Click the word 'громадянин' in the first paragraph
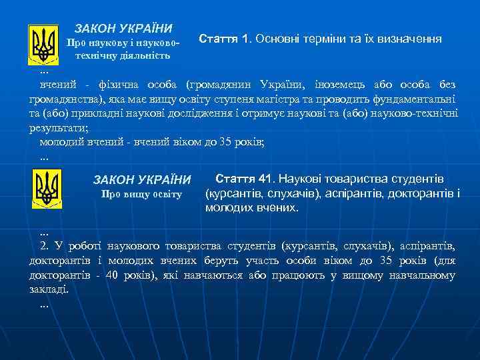pyautogui.click(x=221, y=85)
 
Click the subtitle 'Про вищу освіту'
pyautogui.click(x=141, y=195)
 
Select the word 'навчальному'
pyautogui.click(x=425, y=275)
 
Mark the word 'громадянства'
pyautogui.click(x=66, y=101)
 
